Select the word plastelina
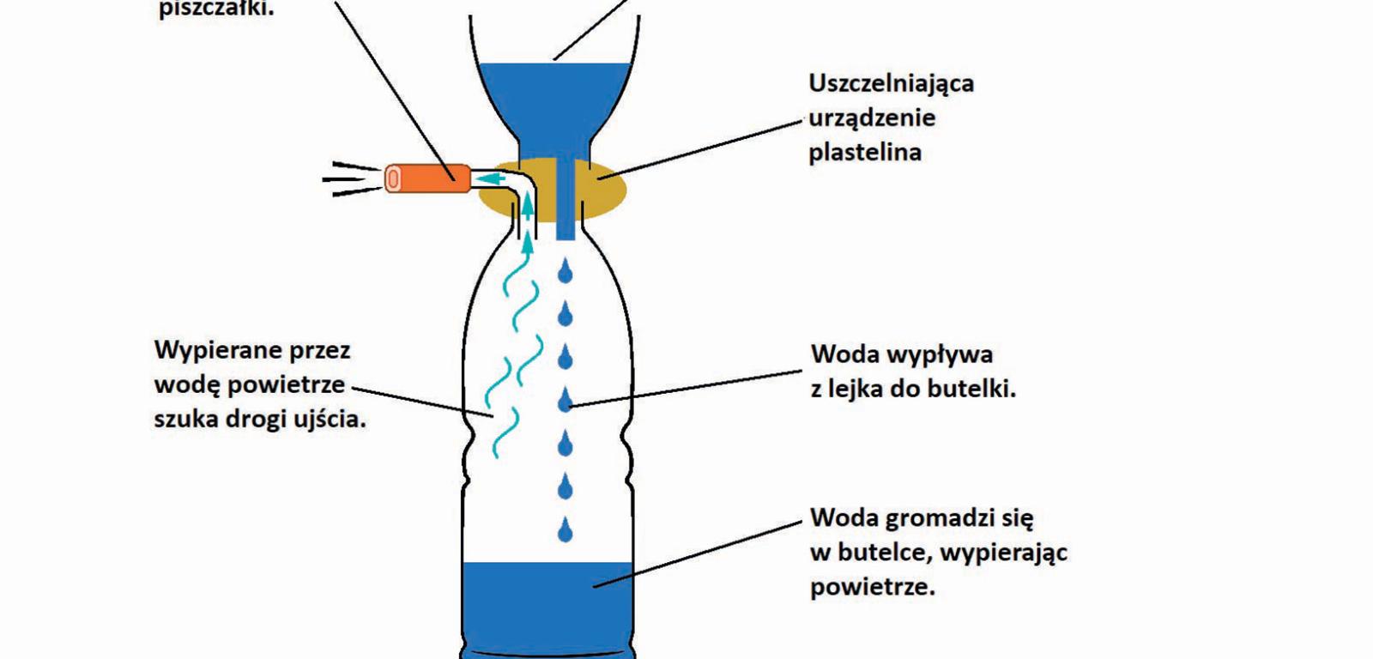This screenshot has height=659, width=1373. pos(865,153)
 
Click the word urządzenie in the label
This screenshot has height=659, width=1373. pos(872,118)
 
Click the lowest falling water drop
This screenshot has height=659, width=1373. pos(565,530)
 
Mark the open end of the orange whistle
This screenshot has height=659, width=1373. pos(392,178)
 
